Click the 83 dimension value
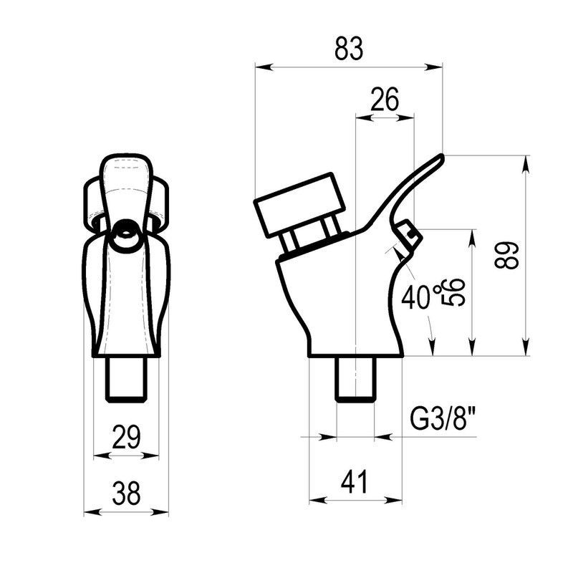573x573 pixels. click(x=349, y=48)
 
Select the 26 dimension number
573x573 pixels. click(x=385, y=99)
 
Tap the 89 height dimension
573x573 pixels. click(x=506, y=255)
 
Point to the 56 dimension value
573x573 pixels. click(x=454, y=292)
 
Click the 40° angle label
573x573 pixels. click(x=418, y=295)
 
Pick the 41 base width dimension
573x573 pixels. click(x=354, y=481)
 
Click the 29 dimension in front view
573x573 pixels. click(x=126, y=437)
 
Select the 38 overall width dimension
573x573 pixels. click(x=126, y=493)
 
